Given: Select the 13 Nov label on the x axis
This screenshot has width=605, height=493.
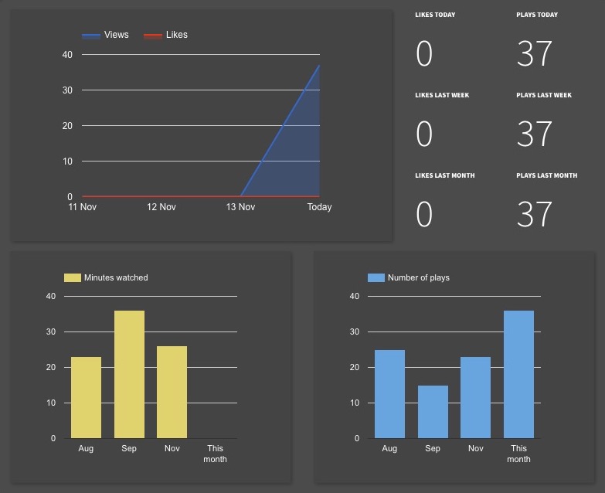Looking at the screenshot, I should [x=240, y=207].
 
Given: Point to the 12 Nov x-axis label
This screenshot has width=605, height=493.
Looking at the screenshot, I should [x=161, y=207].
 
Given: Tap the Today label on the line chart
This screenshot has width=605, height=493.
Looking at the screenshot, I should [x=319, y=207].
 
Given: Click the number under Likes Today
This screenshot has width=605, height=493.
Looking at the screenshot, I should [x=424, y=54].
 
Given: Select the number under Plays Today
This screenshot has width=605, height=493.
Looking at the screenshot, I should [x=535, y=54].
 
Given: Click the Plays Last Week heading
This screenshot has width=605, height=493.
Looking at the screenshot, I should [x=544, y=95].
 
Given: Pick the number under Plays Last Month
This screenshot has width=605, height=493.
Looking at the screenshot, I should [x=535, y=215].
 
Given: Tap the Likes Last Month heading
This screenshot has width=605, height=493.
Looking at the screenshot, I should [x=444, y=175].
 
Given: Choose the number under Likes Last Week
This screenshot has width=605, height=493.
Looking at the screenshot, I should [x=424, y=134].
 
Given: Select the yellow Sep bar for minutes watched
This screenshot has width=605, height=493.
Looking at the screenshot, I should [x=129, y=374].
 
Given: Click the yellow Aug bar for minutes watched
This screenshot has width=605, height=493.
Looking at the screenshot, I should [x=86, y=397].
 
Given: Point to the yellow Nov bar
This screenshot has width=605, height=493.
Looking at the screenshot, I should [x=172, y=392].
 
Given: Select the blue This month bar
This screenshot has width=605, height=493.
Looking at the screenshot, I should [x=518, y=374].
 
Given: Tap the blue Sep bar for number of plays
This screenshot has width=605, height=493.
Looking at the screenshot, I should [x=433, y=411].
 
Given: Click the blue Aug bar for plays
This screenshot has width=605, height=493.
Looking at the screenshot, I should [x=389, y=394].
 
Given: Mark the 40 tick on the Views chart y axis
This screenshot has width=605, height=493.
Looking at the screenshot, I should [x=67, y=54].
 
